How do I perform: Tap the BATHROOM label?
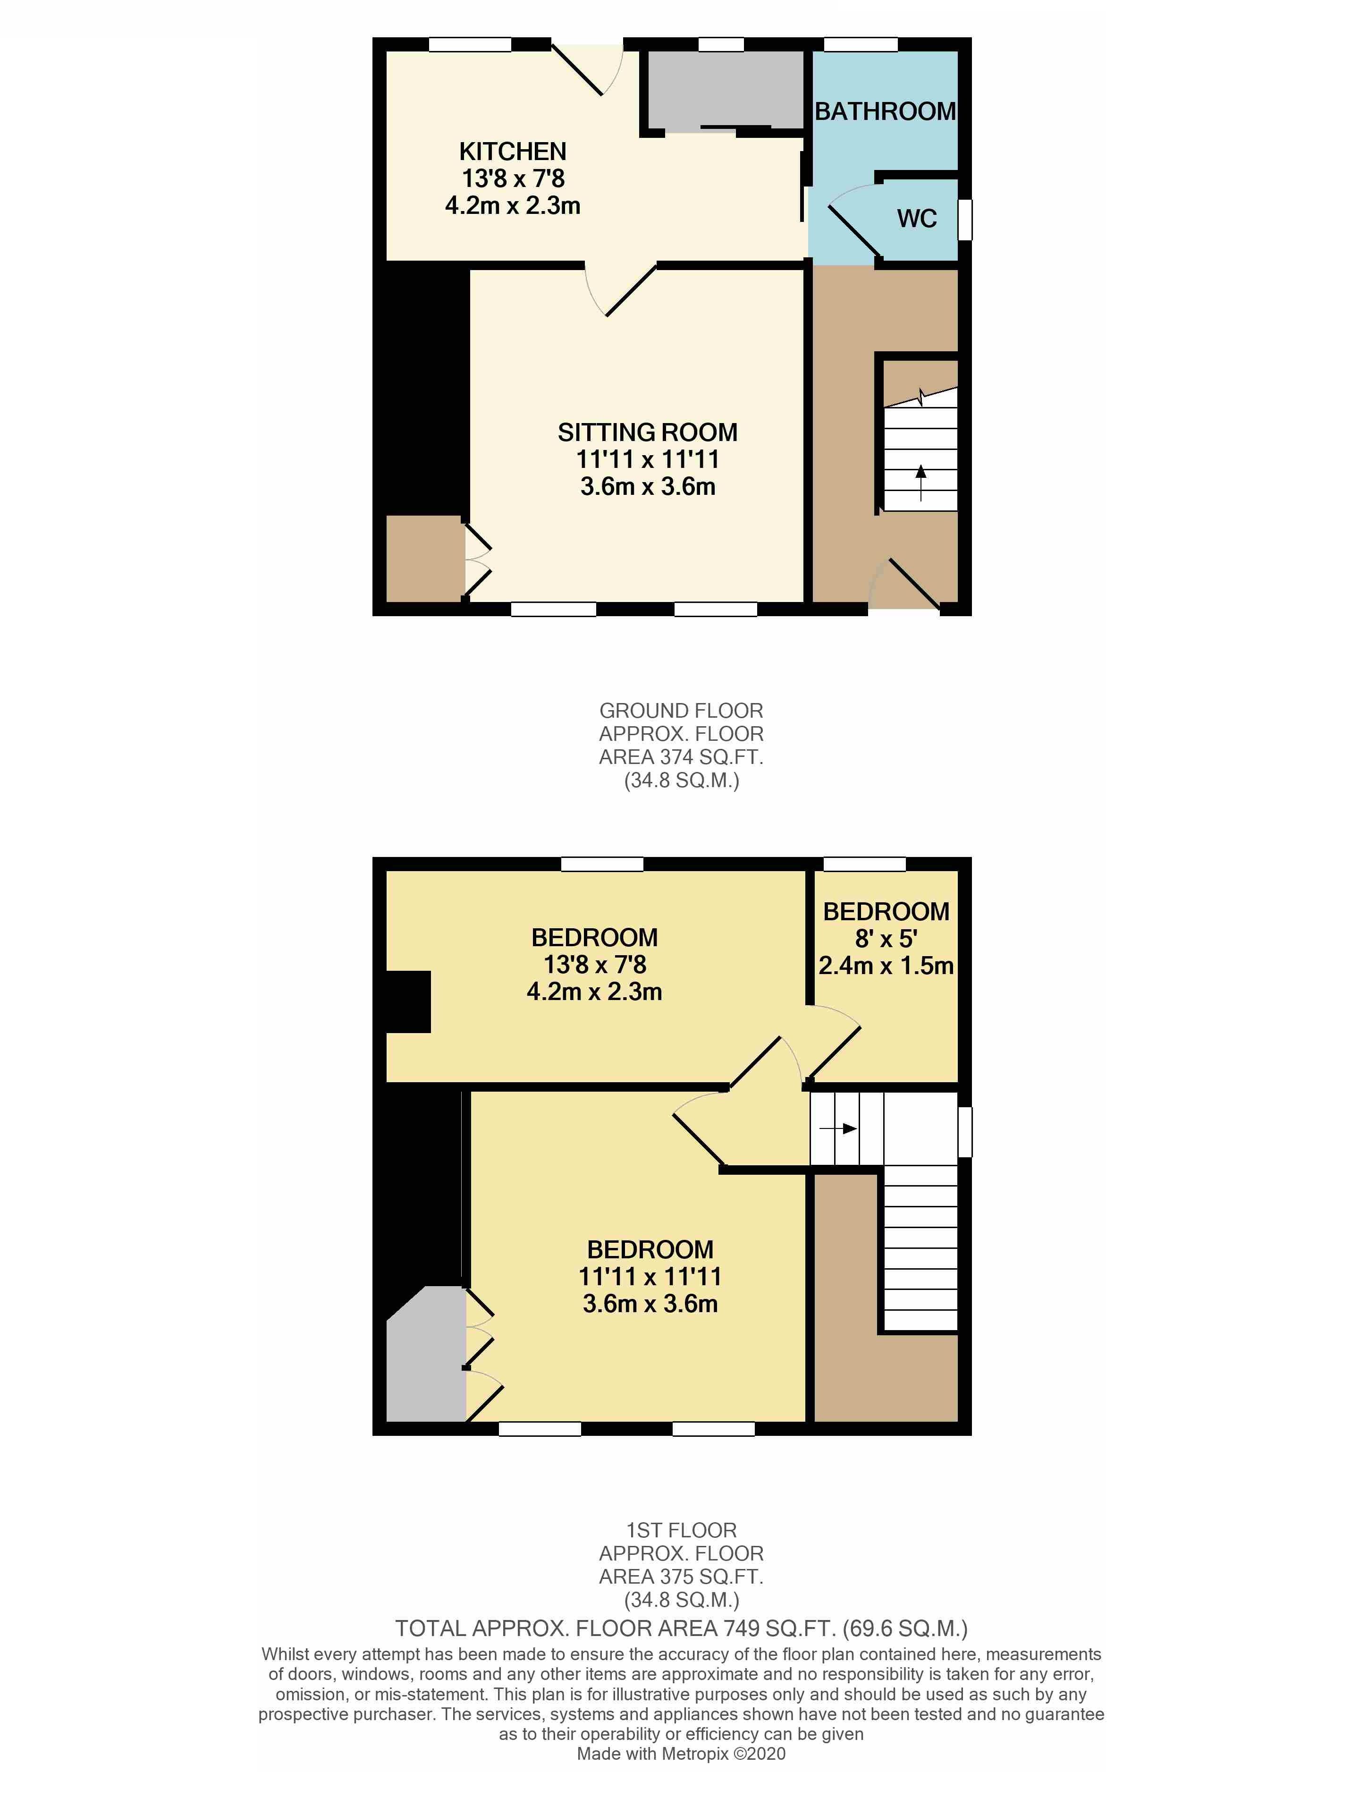pos(885,111)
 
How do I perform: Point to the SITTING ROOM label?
pos(647,433)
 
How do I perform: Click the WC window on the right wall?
pos(965,221)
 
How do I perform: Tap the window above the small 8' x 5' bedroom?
pos(865,864)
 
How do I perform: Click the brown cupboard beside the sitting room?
pos(423,559)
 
